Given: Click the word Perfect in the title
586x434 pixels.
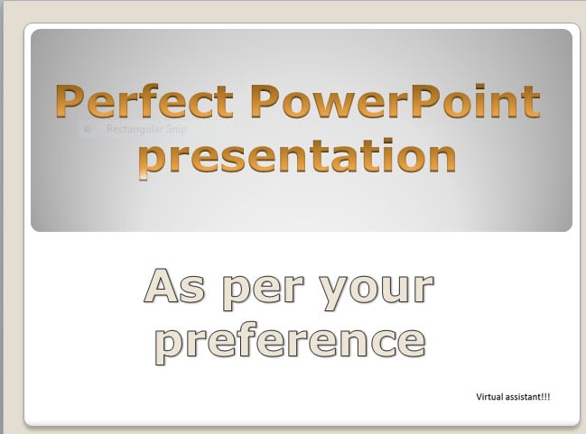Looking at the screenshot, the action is [x=144, y=101].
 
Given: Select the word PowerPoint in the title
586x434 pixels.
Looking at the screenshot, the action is [x=395, y=101].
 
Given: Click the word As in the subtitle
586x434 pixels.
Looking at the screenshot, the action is [x=174, y=286].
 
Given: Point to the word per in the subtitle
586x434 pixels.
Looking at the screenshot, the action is [x=263, y=292].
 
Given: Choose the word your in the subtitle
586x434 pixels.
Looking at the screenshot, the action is [x=377, y=292].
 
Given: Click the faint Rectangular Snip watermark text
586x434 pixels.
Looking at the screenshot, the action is [x=146, y=129].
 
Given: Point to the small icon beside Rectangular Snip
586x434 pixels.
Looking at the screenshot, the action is [x=88, y=129].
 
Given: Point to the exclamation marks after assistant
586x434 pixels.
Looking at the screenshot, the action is [x=545, y=396].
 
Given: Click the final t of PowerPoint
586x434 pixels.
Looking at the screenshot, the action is [x=532, y=102].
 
